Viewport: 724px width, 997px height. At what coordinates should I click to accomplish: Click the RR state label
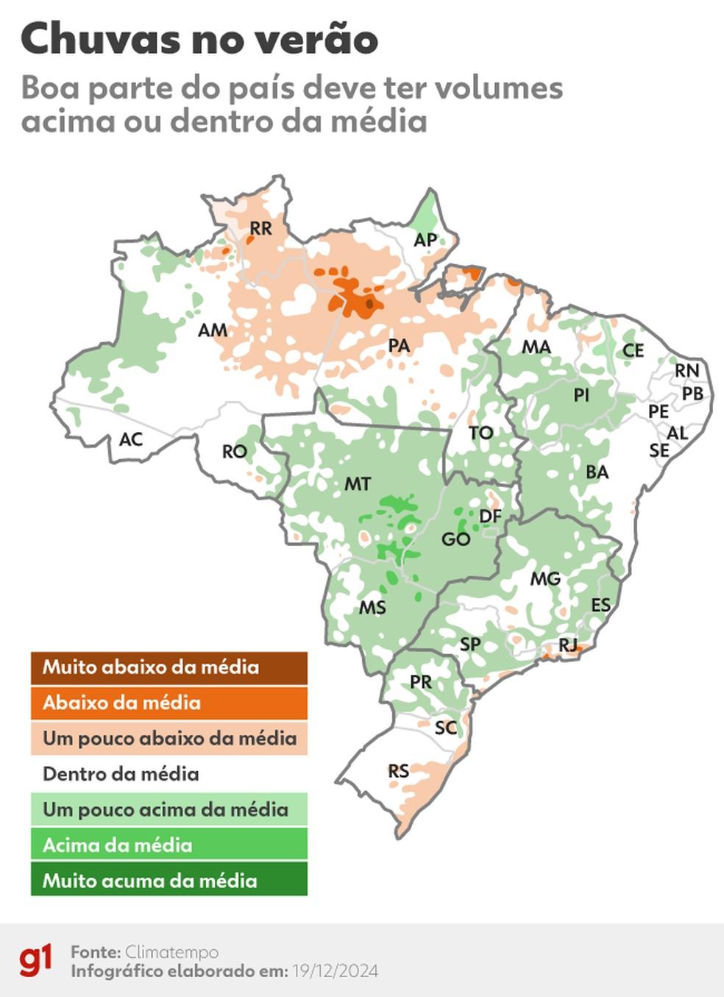261,228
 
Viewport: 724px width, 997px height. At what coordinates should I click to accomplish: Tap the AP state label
425,239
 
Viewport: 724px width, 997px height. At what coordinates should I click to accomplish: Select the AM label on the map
213,330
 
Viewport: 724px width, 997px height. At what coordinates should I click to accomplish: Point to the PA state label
399,345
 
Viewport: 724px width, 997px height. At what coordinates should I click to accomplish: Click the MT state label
358,483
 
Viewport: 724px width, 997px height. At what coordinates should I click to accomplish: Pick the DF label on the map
490,516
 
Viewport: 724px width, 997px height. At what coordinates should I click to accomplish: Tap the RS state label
399,770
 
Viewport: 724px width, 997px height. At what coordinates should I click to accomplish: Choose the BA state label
597,472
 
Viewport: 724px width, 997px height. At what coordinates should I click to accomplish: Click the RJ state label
568,645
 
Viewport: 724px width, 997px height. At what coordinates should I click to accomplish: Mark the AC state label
131,439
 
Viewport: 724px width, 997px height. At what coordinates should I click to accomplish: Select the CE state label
633,350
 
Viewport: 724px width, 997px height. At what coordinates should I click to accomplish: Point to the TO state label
481,433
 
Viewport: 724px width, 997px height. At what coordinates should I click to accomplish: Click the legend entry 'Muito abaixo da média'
168,667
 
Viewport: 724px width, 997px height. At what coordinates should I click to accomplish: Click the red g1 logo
36,961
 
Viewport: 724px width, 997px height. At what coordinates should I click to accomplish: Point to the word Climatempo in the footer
171,952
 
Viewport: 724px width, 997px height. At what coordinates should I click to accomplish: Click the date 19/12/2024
335,971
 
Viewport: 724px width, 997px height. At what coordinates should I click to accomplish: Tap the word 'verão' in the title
319,39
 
